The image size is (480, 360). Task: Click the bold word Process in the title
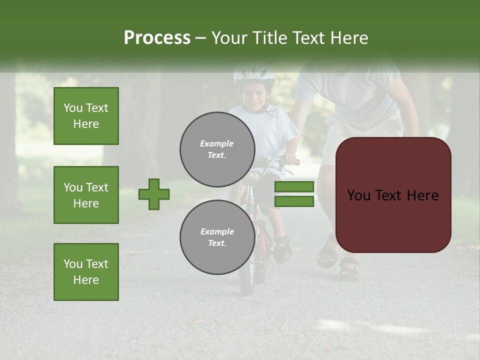pos(157,38)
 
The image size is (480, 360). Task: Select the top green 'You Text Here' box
pos(86,116)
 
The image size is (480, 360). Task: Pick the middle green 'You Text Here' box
pos(86,195)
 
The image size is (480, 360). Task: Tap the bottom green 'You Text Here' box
pos(86,271)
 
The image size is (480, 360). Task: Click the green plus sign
pos(154,194)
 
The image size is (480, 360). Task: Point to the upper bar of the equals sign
pos(294,187)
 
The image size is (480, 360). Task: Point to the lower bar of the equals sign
pos(294,201)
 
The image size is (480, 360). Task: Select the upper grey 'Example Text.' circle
pos(217,149)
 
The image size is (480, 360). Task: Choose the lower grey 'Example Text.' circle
pos(217,237)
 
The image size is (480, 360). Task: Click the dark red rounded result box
pos(393,195)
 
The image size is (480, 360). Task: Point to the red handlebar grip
pos(295,162)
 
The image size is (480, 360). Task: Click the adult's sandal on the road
pos(349,268)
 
